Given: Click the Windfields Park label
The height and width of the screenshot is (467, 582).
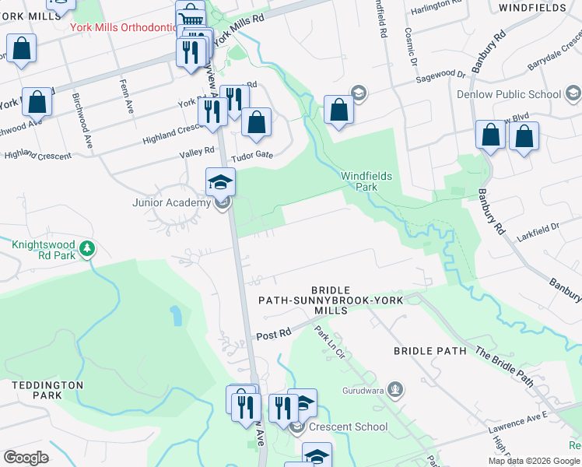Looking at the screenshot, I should (x=366, y=181).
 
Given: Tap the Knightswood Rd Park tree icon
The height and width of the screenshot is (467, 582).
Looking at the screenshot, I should (x=88, y=248).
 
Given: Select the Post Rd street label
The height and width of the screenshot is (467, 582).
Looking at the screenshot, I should (x=273, y=333).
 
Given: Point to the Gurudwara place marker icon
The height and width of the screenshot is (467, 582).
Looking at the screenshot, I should (x=396, y=388).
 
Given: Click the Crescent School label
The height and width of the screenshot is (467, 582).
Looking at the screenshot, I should (x=348, y=427).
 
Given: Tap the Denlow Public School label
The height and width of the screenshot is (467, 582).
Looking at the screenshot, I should (x=517, y=95).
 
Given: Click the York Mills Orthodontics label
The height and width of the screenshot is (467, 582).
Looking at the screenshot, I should (x=124, y=27).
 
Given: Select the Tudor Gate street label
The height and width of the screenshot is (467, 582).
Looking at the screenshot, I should (x=254, y=155).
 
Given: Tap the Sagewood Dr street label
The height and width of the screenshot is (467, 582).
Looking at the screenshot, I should (x=440, y=75).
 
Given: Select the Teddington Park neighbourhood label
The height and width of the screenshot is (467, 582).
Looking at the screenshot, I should (x=47, y=390).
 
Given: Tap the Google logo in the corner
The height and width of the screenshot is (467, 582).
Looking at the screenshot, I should (x=26, y=458).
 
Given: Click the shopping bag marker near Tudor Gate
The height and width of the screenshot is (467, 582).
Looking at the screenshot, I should (x=256, y=121).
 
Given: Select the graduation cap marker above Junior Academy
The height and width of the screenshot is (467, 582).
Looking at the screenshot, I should (x=221, y=182).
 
